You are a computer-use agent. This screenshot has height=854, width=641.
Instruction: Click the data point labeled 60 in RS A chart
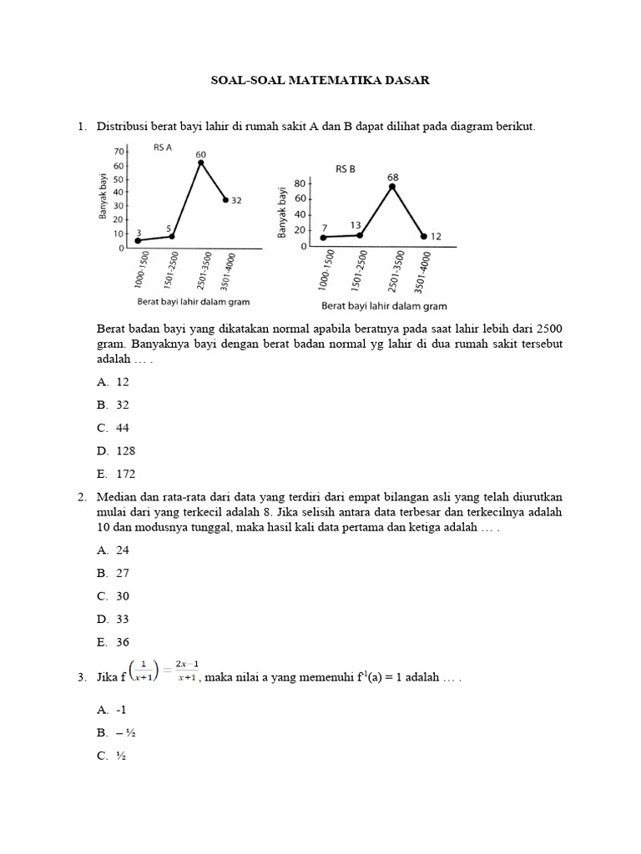click(201, 163)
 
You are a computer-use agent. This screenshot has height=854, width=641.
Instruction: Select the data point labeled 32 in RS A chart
click(225, 199)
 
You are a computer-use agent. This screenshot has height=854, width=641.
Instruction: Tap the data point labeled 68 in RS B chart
click(392, 186)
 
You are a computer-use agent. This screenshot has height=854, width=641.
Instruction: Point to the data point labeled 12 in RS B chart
click(423, 237)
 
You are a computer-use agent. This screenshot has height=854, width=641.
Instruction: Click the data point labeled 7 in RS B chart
click(324, 237)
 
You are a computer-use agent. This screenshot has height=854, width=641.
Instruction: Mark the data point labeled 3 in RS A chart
click(138, 240)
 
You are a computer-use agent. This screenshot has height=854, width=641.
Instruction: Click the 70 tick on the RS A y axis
click(119, 152)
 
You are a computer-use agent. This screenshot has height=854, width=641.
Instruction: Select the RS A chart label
click(162, 148)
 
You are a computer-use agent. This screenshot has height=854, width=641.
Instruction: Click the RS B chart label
click(346, 168)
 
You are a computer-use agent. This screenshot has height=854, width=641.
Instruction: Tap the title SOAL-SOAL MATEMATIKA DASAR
click(319, 81)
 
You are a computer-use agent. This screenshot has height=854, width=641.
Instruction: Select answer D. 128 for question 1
click(117, 450)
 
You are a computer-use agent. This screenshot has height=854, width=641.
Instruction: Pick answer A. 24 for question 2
click(114, 550)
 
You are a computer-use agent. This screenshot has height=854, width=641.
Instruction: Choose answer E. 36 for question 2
click(114, 642)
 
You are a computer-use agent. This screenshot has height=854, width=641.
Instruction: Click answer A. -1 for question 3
click(112, 710)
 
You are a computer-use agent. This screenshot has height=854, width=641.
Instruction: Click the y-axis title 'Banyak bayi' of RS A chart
click(103, 196)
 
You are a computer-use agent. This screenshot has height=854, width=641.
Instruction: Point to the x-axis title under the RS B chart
click(384, 306)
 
